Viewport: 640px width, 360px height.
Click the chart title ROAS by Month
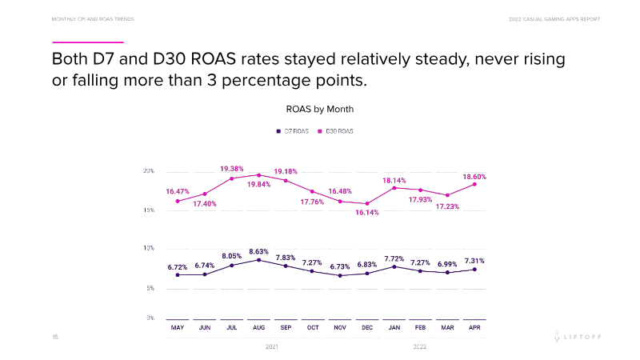pyautogui.click(x=319, y=108)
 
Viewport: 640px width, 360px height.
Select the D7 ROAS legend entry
pyautogui.click(x=294, y=130)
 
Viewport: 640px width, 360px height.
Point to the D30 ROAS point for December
pyautogui.click(x=367, y=204)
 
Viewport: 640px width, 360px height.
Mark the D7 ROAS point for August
pyautogui.click(x=258, y=260)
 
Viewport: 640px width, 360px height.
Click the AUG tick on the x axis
pyautogui.click(x=258, y=328)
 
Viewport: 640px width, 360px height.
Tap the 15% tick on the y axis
pyautogui.click(x=149, y=210)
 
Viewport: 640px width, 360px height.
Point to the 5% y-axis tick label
pyautogui.click(x=150, y=288)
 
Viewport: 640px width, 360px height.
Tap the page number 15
pyautogui.click(x=55, y=338)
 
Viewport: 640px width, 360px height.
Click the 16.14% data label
pyautogui.click(x=367, y=213)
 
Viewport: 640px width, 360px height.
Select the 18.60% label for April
pyautogui.click(x=474, y=176)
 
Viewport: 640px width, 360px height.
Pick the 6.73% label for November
pyautogui.click(x=340, y=265)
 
